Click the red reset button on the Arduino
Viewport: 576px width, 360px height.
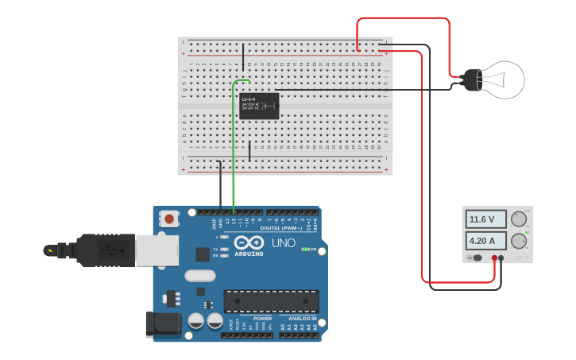tap(168, 218)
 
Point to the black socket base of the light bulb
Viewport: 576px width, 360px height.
tap(472, 79)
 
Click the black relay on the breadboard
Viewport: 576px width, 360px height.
tap(259, 106)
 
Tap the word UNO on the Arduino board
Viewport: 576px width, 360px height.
tap(284, 243)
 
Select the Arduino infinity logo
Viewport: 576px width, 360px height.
tap(249, 242)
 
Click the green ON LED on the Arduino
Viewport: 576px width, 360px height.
tap(304, 249)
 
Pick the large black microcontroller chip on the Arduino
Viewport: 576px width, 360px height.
tap(271, 301)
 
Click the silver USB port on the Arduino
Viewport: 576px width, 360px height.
tap(157, 250)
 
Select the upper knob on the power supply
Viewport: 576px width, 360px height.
tap(519, 219)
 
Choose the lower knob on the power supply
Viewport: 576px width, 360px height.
tap(519, 240)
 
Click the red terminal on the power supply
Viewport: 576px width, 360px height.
tap(493, 258)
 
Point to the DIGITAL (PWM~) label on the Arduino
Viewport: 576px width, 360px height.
tap(280, 228)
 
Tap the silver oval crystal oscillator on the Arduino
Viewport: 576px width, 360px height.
tap(200, 276)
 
